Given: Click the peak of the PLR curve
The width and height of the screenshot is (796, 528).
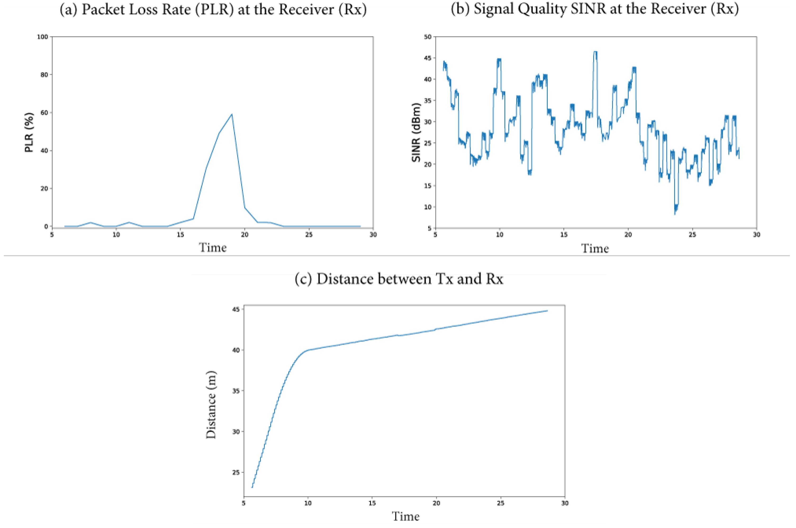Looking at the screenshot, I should tap(231, 115).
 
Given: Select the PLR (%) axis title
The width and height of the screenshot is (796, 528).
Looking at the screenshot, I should tap(29, 132).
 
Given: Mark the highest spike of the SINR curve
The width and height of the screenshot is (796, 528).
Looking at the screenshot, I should tap(596, 52).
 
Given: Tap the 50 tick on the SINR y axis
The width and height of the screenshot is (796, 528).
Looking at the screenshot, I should tap(428, 37).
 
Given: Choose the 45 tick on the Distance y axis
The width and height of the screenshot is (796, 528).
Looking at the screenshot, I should tap(236, 309).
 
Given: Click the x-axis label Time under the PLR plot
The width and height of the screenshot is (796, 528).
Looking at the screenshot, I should tap(213, 248).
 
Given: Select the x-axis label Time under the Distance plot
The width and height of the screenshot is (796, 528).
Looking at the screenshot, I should tap(405, 516).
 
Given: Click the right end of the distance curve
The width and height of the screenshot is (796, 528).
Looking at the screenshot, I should tap(547, 311).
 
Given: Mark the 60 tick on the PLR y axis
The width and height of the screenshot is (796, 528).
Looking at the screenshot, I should tap(44, 113).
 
